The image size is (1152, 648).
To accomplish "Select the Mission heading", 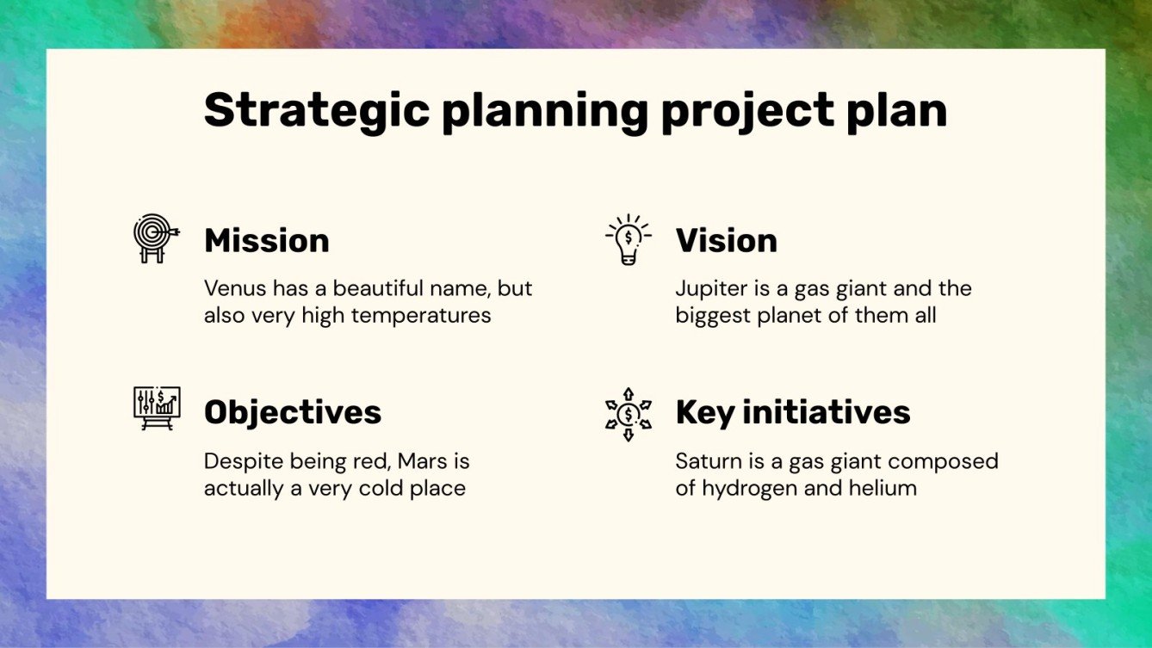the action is (x=267, y=240).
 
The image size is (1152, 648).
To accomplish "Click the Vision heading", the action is (x=726, y=240).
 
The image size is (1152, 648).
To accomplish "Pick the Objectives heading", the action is (x=293, y=413).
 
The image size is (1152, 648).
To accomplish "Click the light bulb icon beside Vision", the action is (x=629, y=239).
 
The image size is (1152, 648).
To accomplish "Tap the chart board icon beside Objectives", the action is (x=157, y=409).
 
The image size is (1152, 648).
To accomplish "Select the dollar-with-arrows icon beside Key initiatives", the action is (x=629, y=414).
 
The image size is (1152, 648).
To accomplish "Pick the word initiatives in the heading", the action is (x=827, y=412).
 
